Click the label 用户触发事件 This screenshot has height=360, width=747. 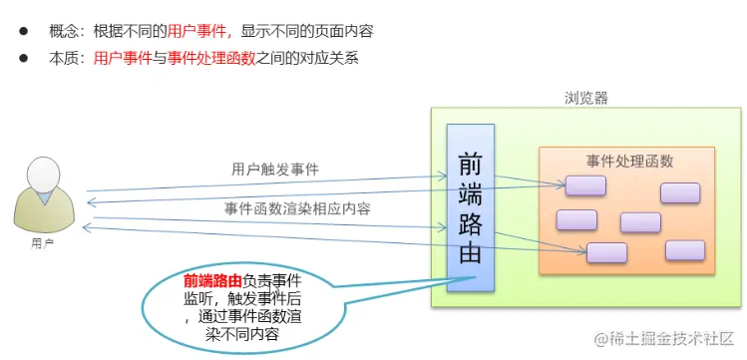coord(275,170)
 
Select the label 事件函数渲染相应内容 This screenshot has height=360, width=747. coord(297,208)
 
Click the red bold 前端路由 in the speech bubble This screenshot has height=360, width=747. coord(212,279)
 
